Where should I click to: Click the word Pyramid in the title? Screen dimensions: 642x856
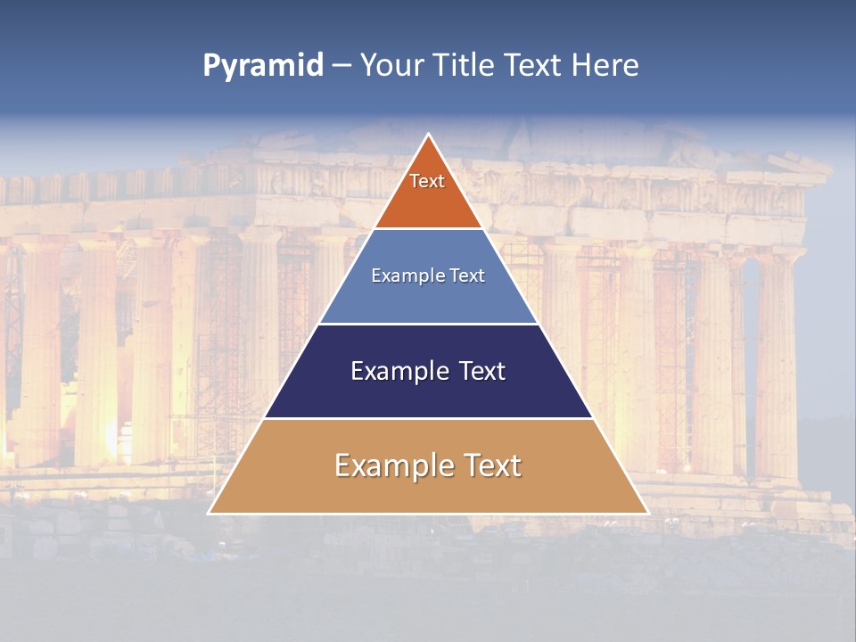[262, 65]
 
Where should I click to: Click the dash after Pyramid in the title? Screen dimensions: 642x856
[342, 66]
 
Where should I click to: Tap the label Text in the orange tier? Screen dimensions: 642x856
[427, 181]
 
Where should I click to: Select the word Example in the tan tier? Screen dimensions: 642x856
[393, 465]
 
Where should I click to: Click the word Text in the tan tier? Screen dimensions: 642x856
[491, 465]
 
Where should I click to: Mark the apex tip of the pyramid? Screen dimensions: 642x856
[429, 136]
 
